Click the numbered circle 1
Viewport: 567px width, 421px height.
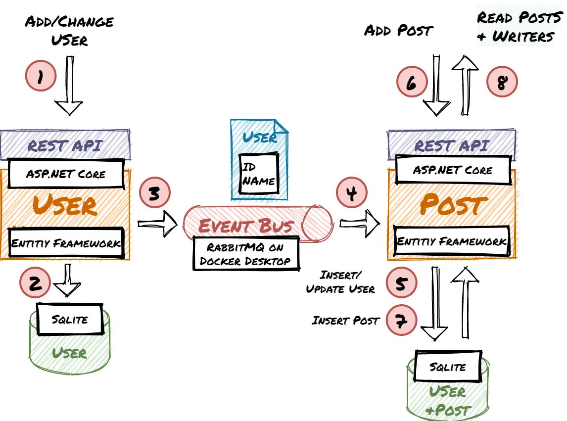(41, 76)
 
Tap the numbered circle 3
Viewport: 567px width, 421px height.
(155, 192)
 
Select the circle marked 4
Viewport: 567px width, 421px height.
(351, 192)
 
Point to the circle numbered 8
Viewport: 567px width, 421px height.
(502, 81)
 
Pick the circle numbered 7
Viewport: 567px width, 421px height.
(401, 321)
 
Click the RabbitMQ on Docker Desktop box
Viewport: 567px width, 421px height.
(246, 253)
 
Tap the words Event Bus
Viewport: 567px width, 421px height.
(246, 226)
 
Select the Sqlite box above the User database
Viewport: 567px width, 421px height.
(70, 319)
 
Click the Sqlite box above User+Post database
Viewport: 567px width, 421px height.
(448, 366)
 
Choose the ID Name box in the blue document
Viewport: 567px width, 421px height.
(259, 173)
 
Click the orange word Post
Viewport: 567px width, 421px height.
(454, 204)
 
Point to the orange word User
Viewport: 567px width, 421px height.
(65, 205)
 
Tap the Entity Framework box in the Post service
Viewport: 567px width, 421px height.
(452, 241)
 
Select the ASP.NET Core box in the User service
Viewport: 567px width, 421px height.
(66, 174)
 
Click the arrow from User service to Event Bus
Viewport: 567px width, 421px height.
(158, 224)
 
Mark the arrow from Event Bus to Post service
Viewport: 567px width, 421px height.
(360, 224)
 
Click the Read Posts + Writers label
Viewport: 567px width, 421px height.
(520, 26)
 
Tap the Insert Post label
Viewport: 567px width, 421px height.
(346, 321)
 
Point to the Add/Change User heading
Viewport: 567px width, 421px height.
(69, 30)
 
